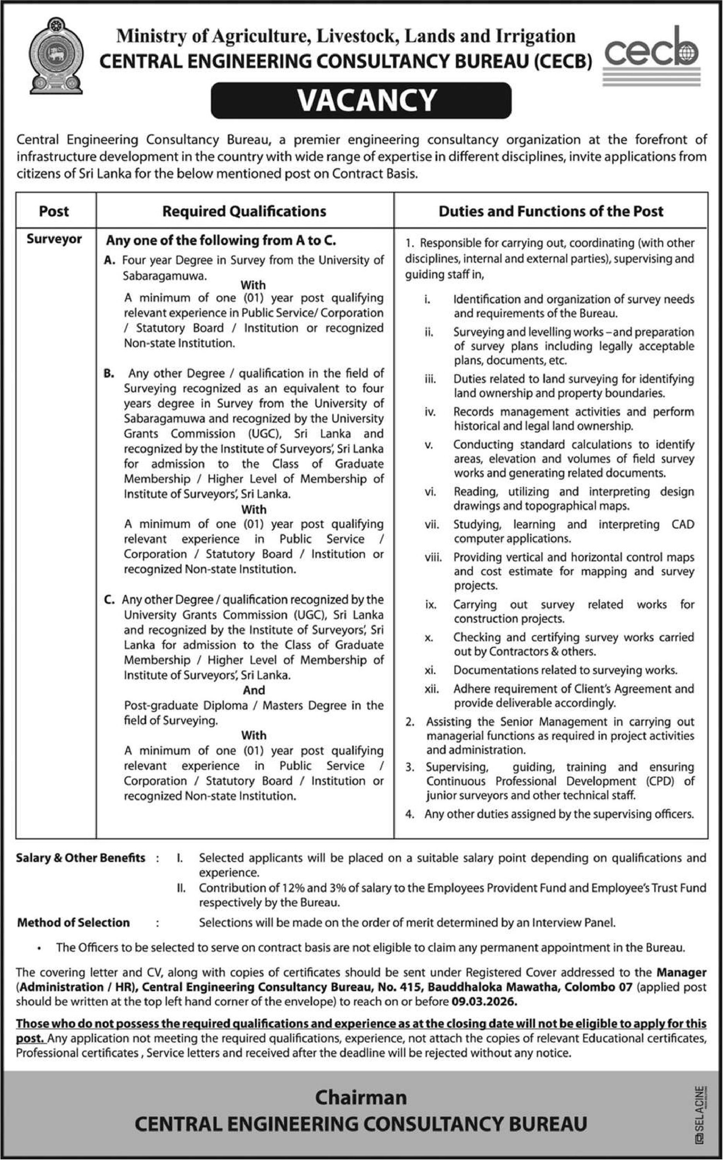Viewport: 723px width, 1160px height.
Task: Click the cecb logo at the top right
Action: pos(651,55)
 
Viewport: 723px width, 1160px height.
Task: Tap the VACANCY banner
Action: pos(361,101)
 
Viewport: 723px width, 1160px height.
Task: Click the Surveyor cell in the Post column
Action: pos(54,239)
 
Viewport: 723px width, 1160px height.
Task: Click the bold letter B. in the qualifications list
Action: pos(109,373)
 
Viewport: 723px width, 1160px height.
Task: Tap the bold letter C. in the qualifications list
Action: pos(109,600)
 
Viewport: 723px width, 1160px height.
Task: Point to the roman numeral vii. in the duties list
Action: pos(431,525)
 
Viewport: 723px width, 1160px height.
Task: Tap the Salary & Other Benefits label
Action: pos(80,857)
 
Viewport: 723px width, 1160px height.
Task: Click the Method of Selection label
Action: pos(73,922)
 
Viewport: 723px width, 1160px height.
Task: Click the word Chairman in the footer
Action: pos(361,1097)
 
